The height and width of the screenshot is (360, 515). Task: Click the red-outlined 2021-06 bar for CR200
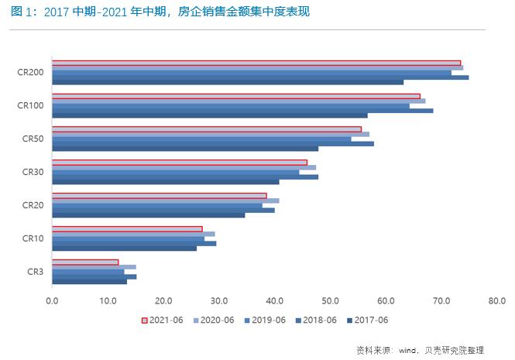click(256, 63)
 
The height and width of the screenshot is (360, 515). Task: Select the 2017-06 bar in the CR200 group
click(228, 82)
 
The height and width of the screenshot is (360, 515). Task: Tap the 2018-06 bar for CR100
click(242, 111)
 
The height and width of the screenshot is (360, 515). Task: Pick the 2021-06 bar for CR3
click(85, 262)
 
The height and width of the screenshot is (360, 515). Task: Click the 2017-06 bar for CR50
click(185, 149)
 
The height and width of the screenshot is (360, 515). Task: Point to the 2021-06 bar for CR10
click(127, 229)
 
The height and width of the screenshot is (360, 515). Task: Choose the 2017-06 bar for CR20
click(149, 214)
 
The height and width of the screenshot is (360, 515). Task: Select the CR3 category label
click(35, 272)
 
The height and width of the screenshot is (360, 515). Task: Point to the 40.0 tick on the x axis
click(274, 300)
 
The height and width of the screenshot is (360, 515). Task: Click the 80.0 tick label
click(496, 300)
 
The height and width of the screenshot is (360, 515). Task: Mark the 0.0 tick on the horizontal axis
click(52, 300)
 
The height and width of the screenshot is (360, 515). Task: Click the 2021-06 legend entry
click(162, 320)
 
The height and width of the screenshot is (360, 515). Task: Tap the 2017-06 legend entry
click(368, 320)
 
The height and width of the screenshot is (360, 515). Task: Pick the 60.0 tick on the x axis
click(386, 300)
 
